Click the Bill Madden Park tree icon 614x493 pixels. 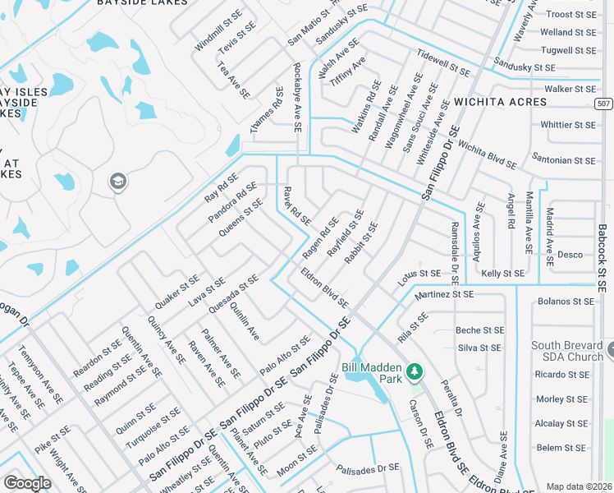coord(415,371)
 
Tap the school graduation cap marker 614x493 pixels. coord(117,181)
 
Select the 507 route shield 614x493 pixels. coord(603,103)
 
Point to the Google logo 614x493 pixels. coord(27,482)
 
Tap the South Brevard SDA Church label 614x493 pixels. coord(567,351)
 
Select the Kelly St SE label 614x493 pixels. coord(503,273)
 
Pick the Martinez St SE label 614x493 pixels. coord(444,294)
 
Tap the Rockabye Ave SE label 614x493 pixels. coord(297,97)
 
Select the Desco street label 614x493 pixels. coord(570,255)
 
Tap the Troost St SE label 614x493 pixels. coord(570,14)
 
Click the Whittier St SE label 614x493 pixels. coord(568,125)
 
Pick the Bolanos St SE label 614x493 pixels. coord(565,302)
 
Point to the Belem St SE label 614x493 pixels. coord(561,448)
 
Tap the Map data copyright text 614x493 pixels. coord(579,486)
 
